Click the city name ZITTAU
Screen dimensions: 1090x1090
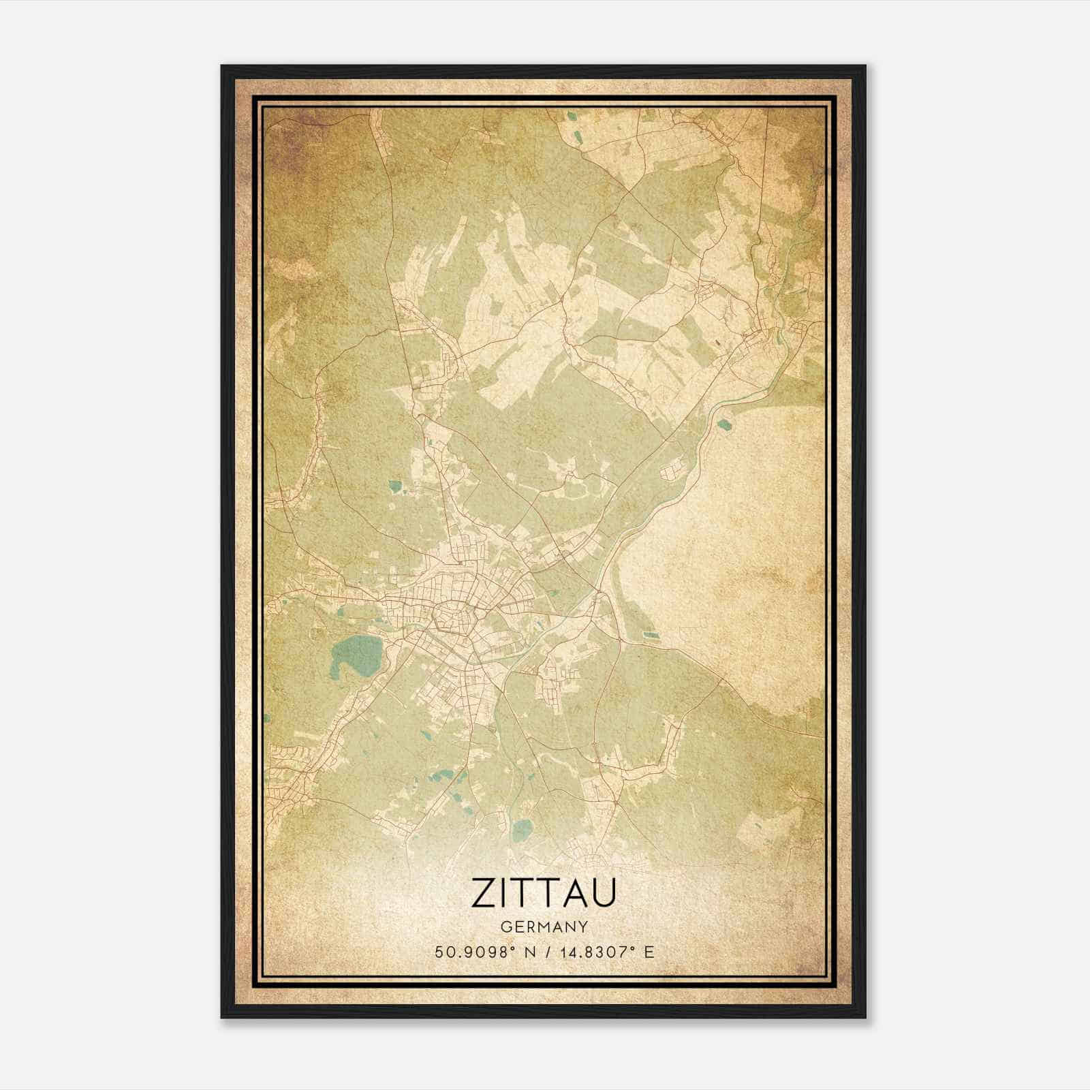tap(544, 892)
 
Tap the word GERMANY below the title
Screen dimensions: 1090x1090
tap(544, 926)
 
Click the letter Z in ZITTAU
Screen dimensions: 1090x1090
tap(482, 892)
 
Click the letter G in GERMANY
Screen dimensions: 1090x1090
tap(505, 926)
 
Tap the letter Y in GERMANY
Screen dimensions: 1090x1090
tap(584, 926)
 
